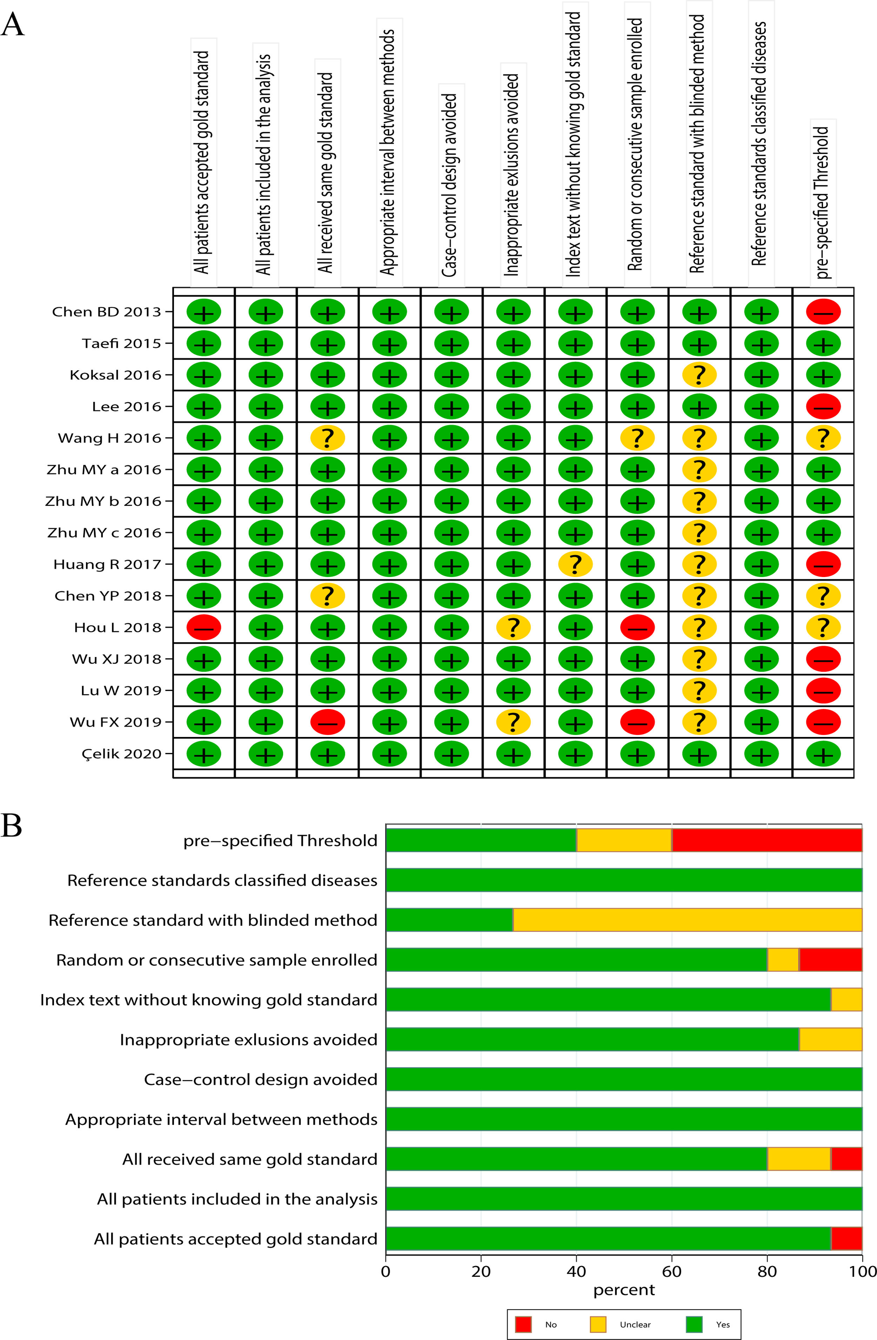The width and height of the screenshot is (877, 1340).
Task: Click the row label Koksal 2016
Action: (x=115, y=375)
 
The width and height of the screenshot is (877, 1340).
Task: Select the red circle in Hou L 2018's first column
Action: (x=204, y=627)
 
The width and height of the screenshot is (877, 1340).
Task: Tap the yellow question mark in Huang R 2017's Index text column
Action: (x=575, y=564)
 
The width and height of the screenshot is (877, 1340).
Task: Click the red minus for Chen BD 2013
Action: (x=823, y=312)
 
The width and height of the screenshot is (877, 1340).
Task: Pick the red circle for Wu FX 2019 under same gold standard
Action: (x=328, y=722)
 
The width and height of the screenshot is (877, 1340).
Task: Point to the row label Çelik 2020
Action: (x=122, y=753)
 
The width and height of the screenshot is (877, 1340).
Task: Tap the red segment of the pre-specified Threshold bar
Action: (x=766, y=840)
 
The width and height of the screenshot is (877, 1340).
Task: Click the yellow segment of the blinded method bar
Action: (x=687, y=920)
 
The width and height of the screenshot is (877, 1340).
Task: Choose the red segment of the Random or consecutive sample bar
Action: (x=830, y=960)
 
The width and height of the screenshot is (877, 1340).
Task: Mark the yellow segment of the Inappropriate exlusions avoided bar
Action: (x=830, y=1039)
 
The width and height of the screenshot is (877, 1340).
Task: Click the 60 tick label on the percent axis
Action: (x=671, y=1271)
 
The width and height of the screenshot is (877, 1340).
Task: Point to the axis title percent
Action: (x=624, y=1290)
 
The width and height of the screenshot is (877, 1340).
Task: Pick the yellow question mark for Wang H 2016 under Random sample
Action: (x=637, y=438)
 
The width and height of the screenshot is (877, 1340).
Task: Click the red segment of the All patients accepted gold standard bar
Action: (x=846, y=1239)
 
